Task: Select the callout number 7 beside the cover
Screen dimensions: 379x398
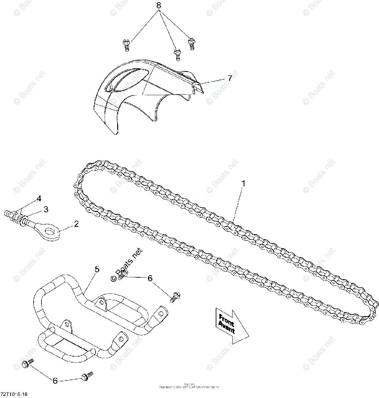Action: (x=229, y=78)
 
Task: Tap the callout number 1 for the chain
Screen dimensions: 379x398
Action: (x=243, y=183)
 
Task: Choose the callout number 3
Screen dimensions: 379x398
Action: (x=46, y=209)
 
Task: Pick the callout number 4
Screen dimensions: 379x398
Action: (x=39, y=199)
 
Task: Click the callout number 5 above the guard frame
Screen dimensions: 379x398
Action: (x=97, y=269)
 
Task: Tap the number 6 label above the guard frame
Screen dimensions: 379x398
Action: (x=150, y=279)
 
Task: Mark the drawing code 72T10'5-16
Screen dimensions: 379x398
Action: (x=15, y=394)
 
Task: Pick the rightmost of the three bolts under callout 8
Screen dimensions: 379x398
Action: (x=191, y=43)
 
